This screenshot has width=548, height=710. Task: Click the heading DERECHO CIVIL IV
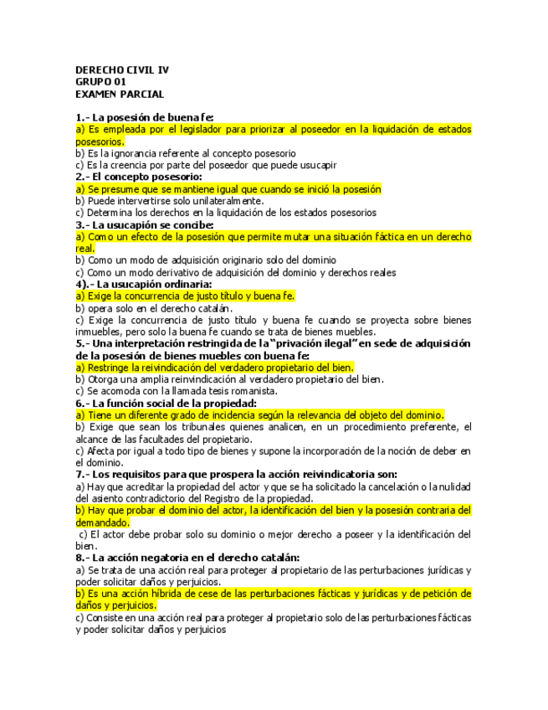click(122, 69)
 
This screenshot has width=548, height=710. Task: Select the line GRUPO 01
click(100, 82)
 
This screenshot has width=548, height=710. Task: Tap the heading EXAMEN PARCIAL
click(120, 95)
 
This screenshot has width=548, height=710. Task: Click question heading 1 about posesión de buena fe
click(145, 117)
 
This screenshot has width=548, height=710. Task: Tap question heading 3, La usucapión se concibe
click(144, 225)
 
